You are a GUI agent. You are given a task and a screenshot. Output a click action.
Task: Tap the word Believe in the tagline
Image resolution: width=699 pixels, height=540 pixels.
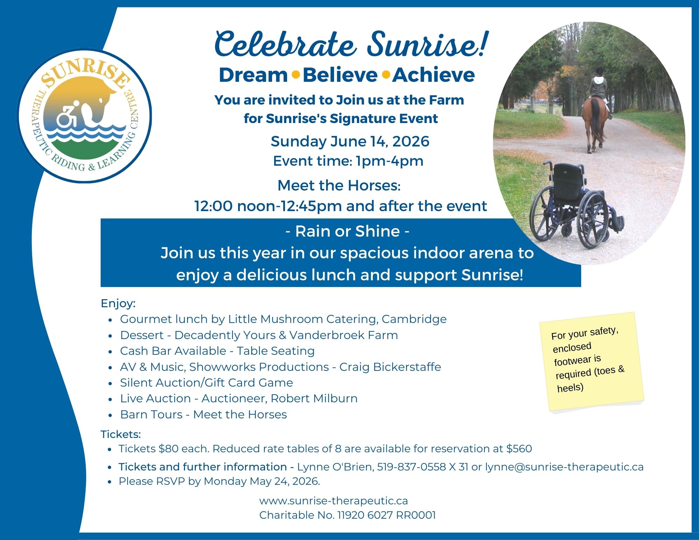click(x=340, y=75)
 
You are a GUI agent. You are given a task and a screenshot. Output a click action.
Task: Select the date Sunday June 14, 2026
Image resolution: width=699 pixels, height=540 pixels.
click(x=350, y=142)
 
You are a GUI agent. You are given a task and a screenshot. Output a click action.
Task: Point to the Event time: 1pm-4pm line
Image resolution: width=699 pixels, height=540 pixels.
click(x=348, y=161)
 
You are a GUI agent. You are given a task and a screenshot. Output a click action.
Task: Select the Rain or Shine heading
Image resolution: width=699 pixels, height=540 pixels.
click(x=347, y=231)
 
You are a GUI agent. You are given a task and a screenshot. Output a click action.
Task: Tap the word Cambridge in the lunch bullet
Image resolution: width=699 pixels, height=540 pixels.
click(x=414, y=319)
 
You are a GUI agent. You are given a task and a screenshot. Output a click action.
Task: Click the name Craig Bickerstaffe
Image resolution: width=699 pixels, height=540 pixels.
click(x=390, y=367)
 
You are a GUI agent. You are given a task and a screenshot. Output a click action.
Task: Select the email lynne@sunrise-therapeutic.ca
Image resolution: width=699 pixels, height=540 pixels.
click(x=564, y=467)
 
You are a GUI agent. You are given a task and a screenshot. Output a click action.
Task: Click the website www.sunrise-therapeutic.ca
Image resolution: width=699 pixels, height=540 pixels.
click(x=333, y=501)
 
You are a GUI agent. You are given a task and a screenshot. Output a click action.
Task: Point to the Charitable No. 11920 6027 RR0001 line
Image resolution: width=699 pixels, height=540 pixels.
click(x=347, y=515)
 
